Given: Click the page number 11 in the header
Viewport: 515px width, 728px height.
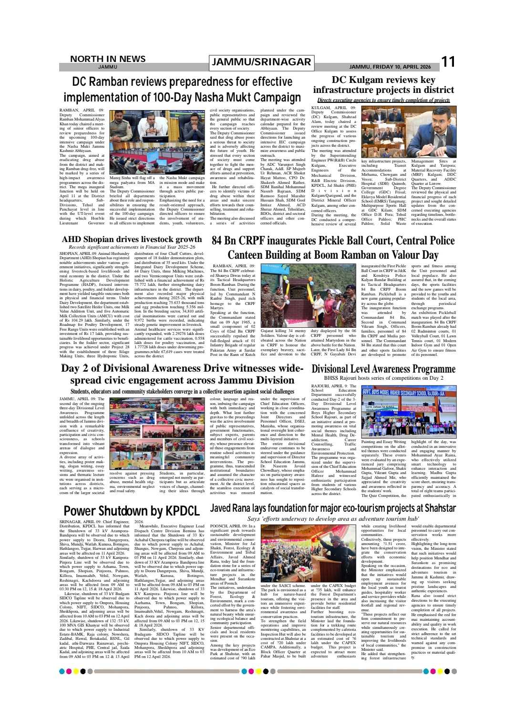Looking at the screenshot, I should (448, 62).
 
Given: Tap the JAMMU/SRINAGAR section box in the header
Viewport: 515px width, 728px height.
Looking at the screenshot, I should (261, 62).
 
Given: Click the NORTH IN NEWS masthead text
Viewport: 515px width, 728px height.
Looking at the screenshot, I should (108, 59).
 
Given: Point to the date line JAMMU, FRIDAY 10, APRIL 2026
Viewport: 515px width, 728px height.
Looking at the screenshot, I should (390, 67).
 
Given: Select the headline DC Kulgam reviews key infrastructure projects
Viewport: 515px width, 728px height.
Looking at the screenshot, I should (383, 85).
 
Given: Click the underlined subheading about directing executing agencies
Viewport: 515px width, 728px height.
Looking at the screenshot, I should (383, 100).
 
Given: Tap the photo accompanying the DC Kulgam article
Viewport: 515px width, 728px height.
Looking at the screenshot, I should (409, 131).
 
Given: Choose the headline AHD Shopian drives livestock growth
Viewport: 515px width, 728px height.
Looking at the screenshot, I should (132, 239).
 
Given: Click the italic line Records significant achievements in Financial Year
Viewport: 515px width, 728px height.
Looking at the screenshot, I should (132, 247).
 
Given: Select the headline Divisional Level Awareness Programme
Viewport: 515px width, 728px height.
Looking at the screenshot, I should (383, 369).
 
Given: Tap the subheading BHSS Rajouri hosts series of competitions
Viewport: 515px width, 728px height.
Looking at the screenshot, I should (383, 378).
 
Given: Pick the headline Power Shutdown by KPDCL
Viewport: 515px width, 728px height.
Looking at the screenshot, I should (131, 511).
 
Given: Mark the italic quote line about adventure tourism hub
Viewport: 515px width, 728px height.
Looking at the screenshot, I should (333, 518).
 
